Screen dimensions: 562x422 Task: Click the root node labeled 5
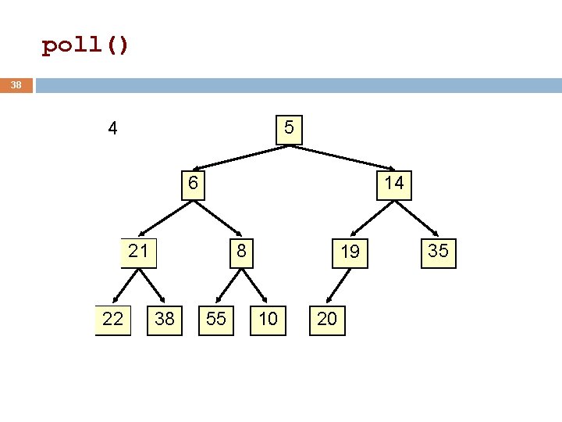[289, 130]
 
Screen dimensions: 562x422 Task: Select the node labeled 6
[194, 185]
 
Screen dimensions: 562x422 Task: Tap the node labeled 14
[394, 185]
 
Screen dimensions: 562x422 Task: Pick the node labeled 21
[138, 253]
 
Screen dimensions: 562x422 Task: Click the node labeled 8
[241, 253]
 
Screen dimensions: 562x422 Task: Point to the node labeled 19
[350, 253]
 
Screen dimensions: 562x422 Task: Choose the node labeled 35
[439, 253]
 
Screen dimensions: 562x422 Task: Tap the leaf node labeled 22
[113, 320]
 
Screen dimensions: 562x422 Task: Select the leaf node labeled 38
[165, 320]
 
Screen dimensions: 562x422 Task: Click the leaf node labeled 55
[216, 320]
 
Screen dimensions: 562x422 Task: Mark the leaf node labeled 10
[268, 320]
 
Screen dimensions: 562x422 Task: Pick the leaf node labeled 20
[327, 320]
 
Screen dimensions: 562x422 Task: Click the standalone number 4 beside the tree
[112, 128]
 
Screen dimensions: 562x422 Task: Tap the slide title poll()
[85, 45]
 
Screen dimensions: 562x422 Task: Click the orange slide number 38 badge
[16, 85]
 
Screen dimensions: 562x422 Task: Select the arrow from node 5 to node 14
[342, 158]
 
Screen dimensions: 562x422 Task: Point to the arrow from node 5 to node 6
[241, 158]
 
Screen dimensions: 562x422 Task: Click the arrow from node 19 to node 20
[338, 286]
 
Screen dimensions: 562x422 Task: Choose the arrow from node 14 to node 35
[416, 219]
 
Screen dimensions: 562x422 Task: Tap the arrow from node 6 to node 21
[166, 219]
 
